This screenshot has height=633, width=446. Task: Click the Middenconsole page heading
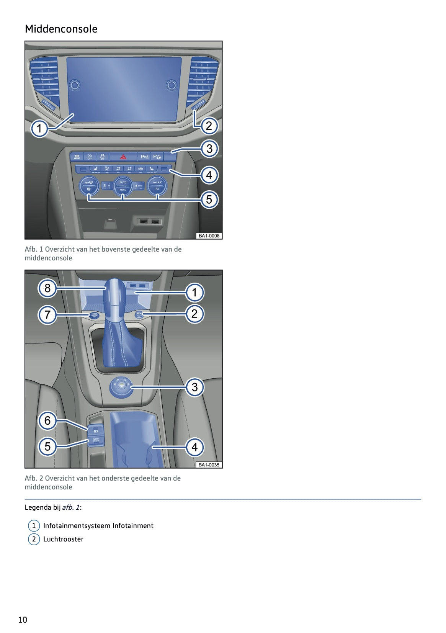pos(61,29)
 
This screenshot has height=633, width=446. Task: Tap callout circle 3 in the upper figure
pos(209,149)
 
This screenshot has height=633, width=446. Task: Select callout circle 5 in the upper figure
pos(209,199)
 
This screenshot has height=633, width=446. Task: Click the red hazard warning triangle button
pos(123,157)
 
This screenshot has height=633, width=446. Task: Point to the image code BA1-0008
pos(209,236)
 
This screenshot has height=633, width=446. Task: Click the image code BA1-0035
pos(209,465)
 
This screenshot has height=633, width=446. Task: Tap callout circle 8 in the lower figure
pos(47,288)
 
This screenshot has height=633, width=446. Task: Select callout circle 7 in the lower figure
pos(47,315)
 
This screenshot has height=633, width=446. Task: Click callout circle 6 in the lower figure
pos(47,420)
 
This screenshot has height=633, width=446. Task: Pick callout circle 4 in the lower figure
pos(194,447)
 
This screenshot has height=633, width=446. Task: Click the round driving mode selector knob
pos(121,387)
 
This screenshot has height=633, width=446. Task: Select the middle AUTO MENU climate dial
pos(123,186)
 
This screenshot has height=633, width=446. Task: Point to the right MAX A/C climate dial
pos(157,186)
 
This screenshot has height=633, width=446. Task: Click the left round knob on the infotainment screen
pos(75,85)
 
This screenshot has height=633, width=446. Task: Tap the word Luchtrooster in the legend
pos(63,539)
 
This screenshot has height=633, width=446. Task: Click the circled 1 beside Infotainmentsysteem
pos(34,526)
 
